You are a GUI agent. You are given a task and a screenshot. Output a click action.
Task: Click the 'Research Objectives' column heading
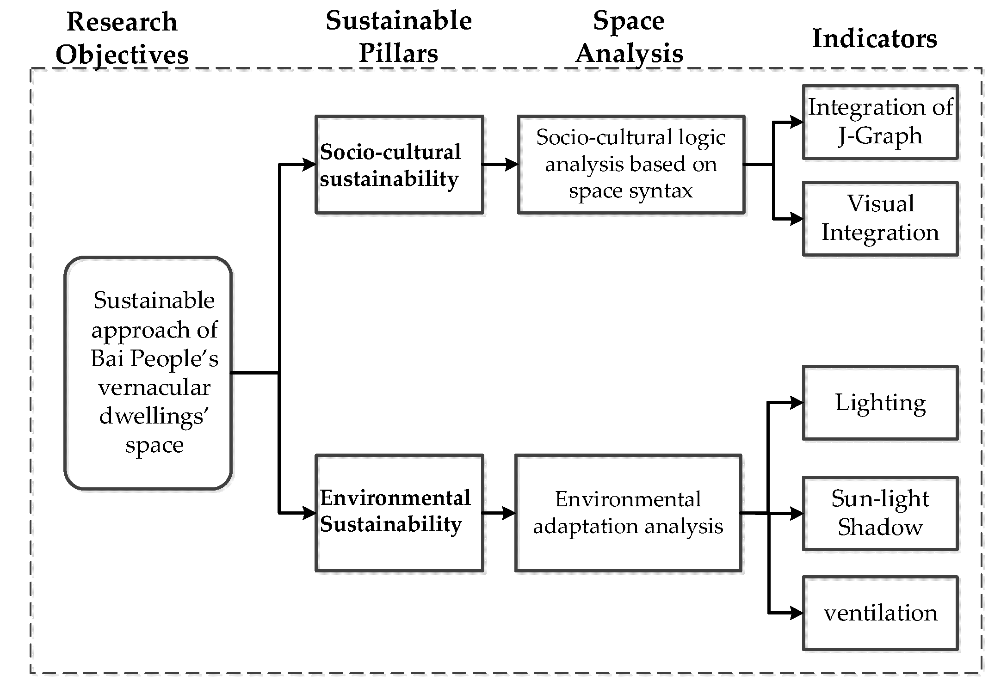(x=122, y=38)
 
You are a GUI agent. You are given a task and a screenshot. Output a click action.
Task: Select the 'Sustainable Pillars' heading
(x=399, y=37)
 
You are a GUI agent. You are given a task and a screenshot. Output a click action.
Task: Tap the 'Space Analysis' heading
(x=629, y=37)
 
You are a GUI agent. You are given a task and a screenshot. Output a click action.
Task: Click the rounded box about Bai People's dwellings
(x=148, y=373)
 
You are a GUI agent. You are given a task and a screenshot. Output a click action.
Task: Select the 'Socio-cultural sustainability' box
(x=399, y=165)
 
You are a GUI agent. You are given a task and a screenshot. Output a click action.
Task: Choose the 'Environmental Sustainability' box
(x=399, y=513)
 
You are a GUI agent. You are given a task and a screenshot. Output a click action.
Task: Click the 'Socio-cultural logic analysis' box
(x=631, y=164)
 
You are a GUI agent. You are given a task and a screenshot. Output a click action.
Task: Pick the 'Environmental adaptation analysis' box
(x=628, y=513)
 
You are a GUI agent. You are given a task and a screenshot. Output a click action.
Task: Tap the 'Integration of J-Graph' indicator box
(x=880, y=122)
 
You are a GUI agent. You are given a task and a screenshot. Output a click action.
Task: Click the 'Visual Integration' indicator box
(x=880, y=218)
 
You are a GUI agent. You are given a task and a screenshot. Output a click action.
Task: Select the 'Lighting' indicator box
(x=880, y=402)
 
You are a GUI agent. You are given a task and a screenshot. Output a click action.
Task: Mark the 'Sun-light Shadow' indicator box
(x=880, y=513)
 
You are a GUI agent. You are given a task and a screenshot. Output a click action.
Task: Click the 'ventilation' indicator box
(x=880, y=613)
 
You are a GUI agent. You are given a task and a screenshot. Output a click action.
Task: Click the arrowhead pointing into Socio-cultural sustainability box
(x=309, y=164)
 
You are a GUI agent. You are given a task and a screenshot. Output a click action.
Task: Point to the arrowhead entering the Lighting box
(x=796, y=403)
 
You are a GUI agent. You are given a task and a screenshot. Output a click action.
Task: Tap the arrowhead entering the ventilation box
(x=796, y=613)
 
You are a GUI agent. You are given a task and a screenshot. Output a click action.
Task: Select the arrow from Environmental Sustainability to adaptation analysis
(x=500, y=513)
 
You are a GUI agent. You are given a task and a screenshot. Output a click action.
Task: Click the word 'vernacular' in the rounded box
(x=154, y=387)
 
